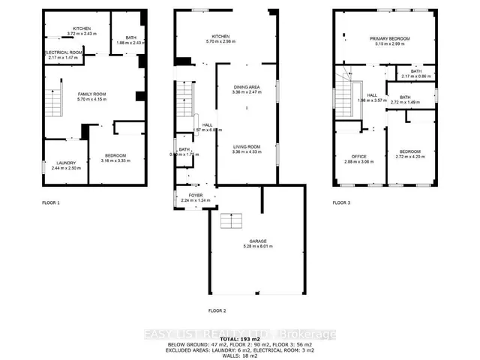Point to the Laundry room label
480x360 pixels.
66,163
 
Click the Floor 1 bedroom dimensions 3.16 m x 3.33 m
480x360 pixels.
115,160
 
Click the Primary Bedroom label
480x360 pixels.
387,39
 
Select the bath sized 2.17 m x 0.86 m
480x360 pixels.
416,76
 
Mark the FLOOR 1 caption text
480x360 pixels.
52,203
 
